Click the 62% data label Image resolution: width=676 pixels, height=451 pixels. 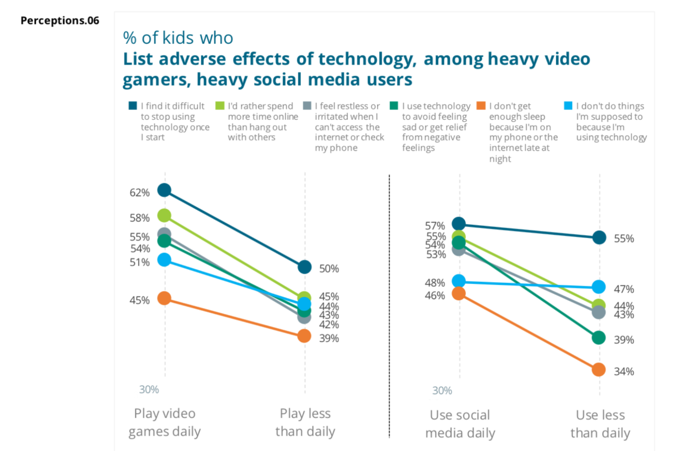pos(139,192)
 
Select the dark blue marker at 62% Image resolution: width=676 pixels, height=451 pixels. pos(164,190)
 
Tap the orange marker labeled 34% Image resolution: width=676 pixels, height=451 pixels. pos(599,370)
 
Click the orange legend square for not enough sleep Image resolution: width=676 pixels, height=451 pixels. pos(481,106)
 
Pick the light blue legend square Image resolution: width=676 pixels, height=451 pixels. pos(568,106)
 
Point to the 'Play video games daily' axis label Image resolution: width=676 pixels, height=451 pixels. pos(164,422)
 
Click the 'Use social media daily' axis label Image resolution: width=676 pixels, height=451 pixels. pos(460,424)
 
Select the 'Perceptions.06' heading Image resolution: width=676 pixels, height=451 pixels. pos(60,20)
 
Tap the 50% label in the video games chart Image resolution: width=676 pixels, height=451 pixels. pos(329,269)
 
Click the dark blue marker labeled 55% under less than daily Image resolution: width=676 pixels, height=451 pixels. pos(599,238)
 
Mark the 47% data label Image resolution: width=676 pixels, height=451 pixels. pos(624,289)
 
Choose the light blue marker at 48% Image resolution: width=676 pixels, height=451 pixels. pos(459,281)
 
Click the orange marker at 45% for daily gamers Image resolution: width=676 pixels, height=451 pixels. pos(164,298)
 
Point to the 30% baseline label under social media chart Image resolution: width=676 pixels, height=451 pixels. pos(442,390)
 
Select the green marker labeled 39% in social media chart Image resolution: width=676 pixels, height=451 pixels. pos(599,337)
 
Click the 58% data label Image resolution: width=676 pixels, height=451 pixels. pos(139,218)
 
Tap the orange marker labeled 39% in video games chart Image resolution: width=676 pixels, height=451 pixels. pos(304,336)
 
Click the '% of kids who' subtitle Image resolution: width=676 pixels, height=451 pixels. pos(178,38)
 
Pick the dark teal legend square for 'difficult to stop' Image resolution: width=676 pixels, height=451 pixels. pos(133,106)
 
